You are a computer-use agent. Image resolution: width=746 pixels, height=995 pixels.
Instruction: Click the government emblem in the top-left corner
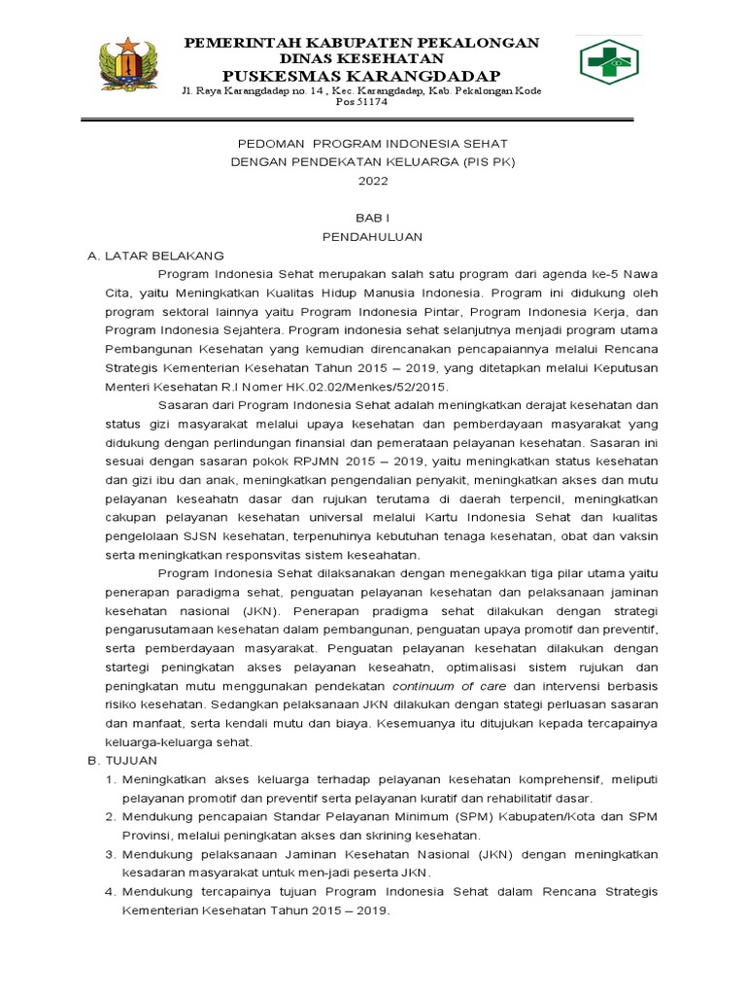click(130, 66)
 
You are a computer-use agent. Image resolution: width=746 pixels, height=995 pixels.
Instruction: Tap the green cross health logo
click(610, 61)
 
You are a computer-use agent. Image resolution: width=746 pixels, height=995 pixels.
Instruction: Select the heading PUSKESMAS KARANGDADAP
click(361, 76)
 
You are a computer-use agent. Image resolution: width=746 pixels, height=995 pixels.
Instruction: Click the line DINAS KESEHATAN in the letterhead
click(362, 59)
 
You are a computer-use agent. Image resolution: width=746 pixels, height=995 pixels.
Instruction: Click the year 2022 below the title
click(372, 181)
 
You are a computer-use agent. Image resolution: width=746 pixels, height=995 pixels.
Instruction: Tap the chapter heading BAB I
click(373, 219)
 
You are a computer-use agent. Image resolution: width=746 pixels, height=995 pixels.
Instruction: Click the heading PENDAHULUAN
click(373, 237)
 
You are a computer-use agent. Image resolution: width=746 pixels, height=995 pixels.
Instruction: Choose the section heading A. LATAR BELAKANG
click(155, 256)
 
